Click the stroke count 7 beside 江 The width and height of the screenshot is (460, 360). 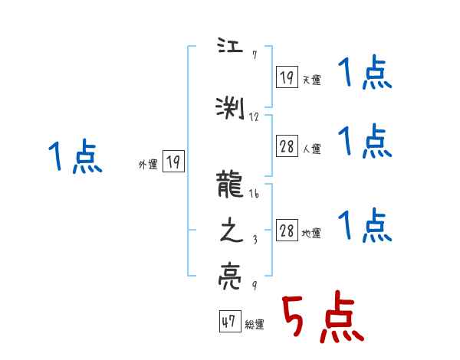254,55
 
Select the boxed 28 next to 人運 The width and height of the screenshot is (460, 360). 287,147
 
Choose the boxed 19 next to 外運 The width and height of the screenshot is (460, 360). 173,162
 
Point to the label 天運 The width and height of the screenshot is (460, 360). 311,80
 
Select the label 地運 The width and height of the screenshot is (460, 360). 311,234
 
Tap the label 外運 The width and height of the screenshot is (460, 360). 147,163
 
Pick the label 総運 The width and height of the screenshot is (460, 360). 255,325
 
